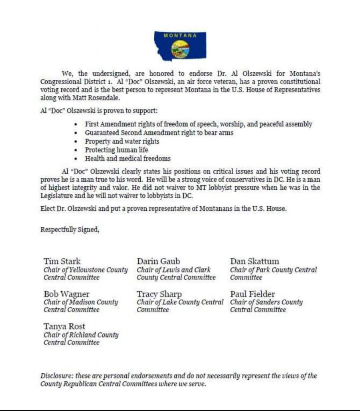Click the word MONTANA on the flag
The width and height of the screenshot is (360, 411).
180,36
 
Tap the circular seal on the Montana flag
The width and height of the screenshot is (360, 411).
180,49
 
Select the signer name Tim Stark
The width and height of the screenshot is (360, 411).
62,261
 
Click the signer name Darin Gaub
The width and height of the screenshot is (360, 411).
158,261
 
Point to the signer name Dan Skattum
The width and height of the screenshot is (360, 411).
255,261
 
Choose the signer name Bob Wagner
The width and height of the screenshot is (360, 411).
67,294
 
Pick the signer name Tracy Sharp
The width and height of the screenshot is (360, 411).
159,294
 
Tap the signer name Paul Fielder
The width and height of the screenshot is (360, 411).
253,294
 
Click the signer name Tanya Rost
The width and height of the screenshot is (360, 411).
65,327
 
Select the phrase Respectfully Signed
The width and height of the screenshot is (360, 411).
70,230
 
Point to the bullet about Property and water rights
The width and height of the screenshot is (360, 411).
122,141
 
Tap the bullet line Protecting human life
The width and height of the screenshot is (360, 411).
116,150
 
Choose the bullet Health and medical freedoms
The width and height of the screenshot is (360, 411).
127,158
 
